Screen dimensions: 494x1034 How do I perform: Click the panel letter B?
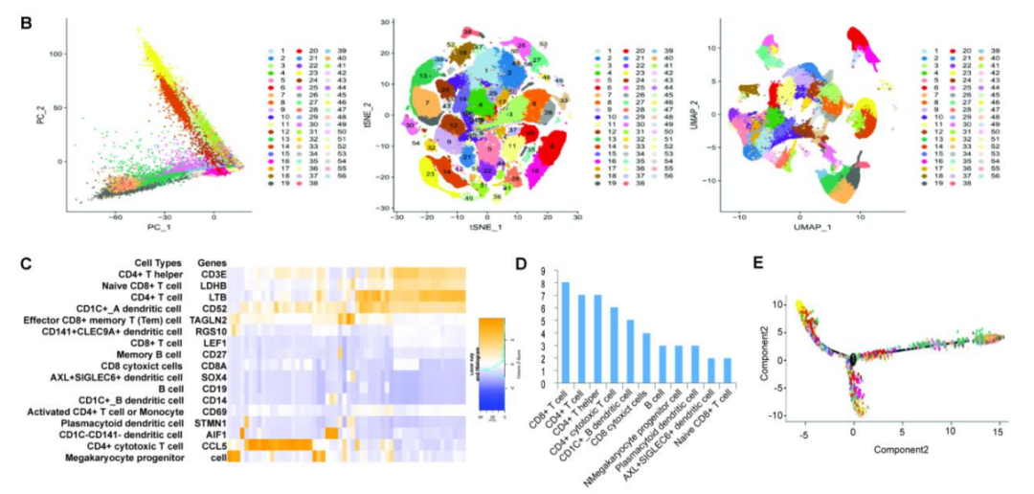click(26, 17)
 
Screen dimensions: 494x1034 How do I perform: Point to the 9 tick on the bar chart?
click(549, 270)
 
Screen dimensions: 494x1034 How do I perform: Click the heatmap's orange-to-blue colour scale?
click(491, 364)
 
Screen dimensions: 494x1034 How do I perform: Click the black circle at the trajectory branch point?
click(851, 360)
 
